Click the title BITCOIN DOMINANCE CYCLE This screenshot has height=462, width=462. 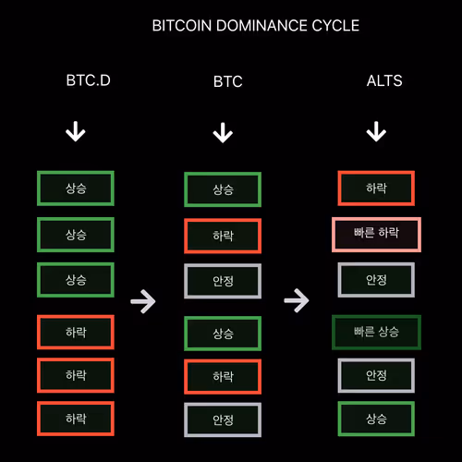[x=256, y=26]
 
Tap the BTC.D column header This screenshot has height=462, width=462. [x=89, y=80]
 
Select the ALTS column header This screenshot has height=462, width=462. [x=384, y=80]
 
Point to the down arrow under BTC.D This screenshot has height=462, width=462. [x=76, y=131]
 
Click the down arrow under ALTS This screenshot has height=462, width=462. [x=376, y=131]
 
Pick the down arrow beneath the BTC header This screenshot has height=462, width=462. [x=223, y=133]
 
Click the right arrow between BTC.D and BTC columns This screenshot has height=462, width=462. [x=143, y=301]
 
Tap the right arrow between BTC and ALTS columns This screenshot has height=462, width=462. [x=297, y=300]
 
